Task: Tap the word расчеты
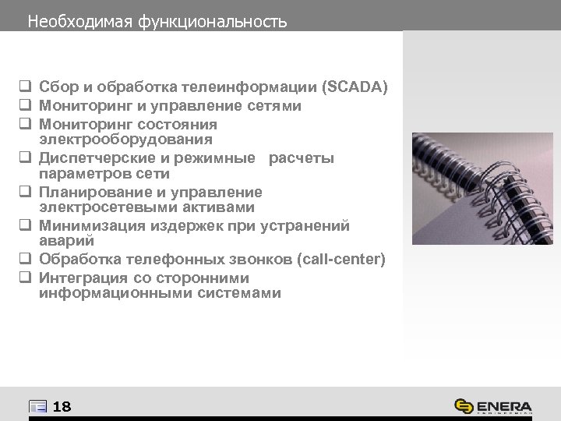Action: (x=302, y=158)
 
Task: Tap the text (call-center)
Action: (x=342, y=259)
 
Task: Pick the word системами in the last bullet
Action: (x=242, y=293)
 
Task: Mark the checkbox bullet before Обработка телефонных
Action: (x=25, y=259)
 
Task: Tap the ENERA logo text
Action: (x=502, y=406)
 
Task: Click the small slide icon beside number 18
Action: (x=37, y=406)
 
